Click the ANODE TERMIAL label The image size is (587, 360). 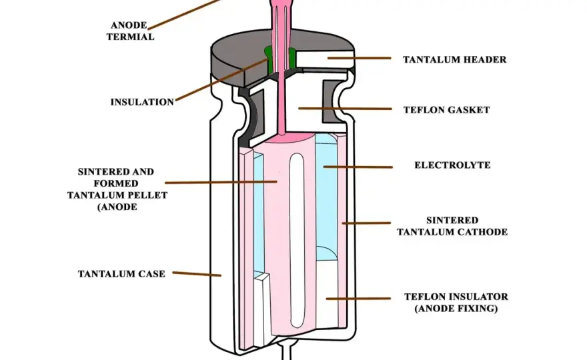point(130,31)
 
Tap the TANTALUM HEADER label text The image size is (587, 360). point(454,59)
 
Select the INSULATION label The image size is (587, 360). point(142,102)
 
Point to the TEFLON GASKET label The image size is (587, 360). point(447,110)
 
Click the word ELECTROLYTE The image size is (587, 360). point(452,165)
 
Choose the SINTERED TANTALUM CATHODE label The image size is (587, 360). point(452,226)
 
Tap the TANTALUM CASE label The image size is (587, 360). point(121,274)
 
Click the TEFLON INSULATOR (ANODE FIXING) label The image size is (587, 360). point(456,303)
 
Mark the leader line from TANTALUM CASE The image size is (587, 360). point(197,274)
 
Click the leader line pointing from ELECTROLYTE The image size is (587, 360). point(358,167)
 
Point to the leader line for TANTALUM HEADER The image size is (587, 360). point(360,58)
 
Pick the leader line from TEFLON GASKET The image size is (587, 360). point(345,109)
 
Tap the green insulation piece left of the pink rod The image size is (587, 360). point(269,60)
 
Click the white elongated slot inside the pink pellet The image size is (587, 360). point(298,239)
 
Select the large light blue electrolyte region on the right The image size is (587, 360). point(327,197)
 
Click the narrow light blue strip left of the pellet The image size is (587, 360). point(259,213)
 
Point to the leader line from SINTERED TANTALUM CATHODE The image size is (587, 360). point(366,223)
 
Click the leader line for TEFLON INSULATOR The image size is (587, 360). point(358,299)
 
